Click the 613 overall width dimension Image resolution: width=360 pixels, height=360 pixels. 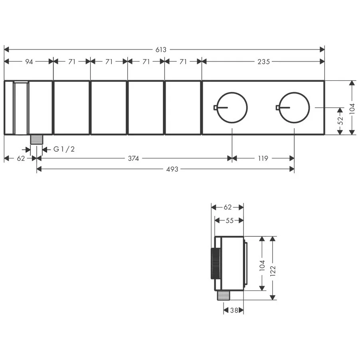tap(161, 50)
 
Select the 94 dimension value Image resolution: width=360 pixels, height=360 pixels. tap(29, 61)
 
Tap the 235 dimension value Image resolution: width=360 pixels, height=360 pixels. tap(263, 61)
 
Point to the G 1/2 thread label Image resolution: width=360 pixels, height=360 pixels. tap(64, 149)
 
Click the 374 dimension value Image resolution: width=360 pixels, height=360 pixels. tap(133, 158)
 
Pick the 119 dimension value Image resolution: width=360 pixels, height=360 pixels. tap(263, 158)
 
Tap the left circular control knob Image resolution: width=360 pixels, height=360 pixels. tap(232, 107)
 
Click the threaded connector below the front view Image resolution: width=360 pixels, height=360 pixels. tap(37, 140)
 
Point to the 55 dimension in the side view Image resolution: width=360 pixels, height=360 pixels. tap(229, 220)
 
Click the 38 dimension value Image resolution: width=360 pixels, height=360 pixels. tap(234, 310)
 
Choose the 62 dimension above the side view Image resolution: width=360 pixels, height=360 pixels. tap(227, 207)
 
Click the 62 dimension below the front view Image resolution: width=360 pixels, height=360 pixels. tap(21, 158)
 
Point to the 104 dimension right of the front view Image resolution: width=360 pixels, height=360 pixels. tap(352, 107)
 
